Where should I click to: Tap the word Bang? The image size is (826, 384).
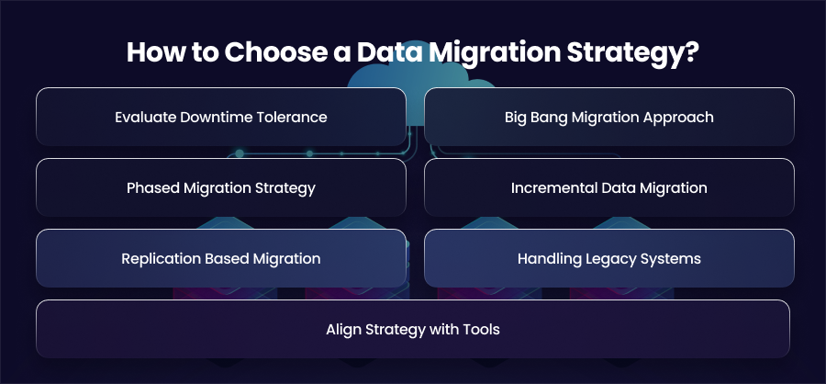[550, 117]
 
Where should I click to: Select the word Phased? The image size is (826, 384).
[152, 187]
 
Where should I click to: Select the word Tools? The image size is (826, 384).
[482, 330]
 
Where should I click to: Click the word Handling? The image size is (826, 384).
[544, 259]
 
